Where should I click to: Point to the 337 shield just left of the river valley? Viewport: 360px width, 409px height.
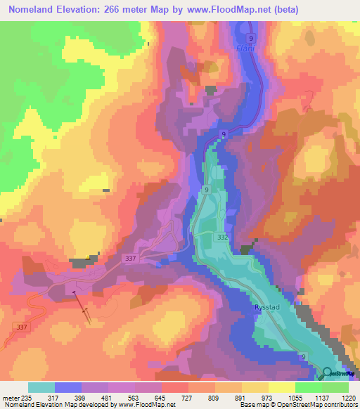pyautogui.click(x=131, y=259)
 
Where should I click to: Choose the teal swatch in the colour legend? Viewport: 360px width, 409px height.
pyautogui.click(x=41, y=387)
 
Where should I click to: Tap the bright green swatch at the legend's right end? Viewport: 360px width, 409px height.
pyautogui.click(x=335, y=387)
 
